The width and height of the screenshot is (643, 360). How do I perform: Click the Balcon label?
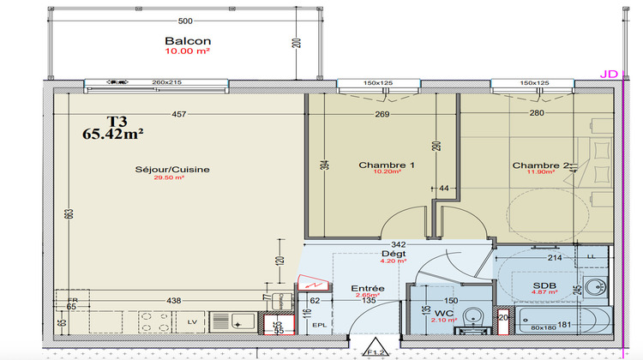click(187, 40)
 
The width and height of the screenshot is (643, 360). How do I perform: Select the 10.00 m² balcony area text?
click(187, 51)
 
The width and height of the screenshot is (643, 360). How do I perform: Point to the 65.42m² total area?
click(112, 134)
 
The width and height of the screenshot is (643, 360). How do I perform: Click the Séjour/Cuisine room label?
click(172, 170)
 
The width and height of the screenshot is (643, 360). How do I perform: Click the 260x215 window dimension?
click(168, 83)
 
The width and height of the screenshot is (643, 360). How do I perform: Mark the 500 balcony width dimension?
click(184, 21)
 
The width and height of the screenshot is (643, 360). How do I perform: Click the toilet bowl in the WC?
click(470, 325)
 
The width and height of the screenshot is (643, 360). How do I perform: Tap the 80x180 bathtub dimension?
click(543, 326)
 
